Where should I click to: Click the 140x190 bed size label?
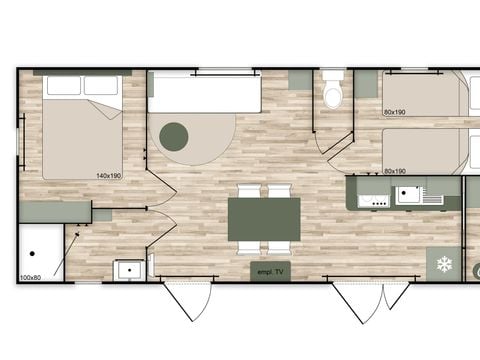pos(109,176)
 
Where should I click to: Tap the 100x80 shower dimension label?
pos(30,277)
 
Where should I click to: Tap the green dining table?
pos(264,218)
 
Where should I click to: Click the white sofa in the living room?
pos(205,96)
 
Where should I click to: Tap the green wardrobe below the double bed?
pos(55,212)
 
